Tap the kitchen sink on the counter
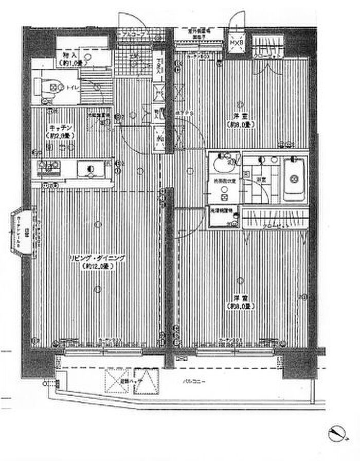tap(91, 169)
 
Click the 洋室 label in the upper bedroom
tap(238, 117)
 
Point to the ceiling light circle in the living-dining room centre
tap(98, 223)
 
